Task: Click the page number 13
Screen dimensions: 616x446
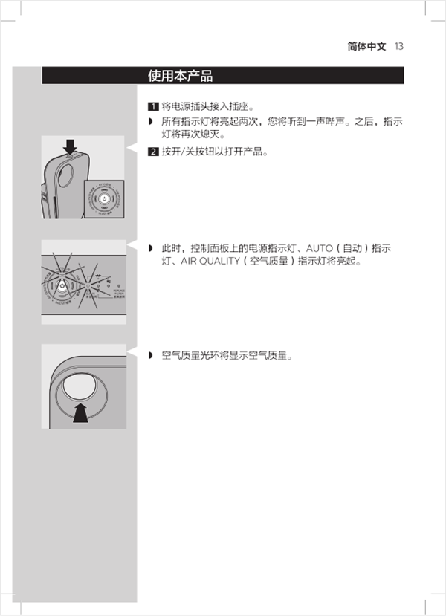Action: coord(399,46)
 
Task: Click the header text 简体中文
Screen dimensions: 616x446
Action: coord(367,46)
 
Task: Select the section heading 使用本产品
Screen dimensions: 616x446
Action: coord(181,76)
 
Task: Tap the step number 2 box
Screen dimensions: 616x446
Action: coord(153,152)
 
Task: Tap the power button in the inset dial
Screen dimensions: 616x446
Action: coord(103,199)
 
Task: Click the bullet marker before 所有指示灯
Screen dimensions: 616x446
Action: coord(150,121)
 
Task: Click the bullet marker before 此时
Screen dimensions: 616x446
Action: coord(150,248)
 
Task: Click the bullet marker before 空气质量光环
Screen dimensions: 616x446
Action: coord(150,356)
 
